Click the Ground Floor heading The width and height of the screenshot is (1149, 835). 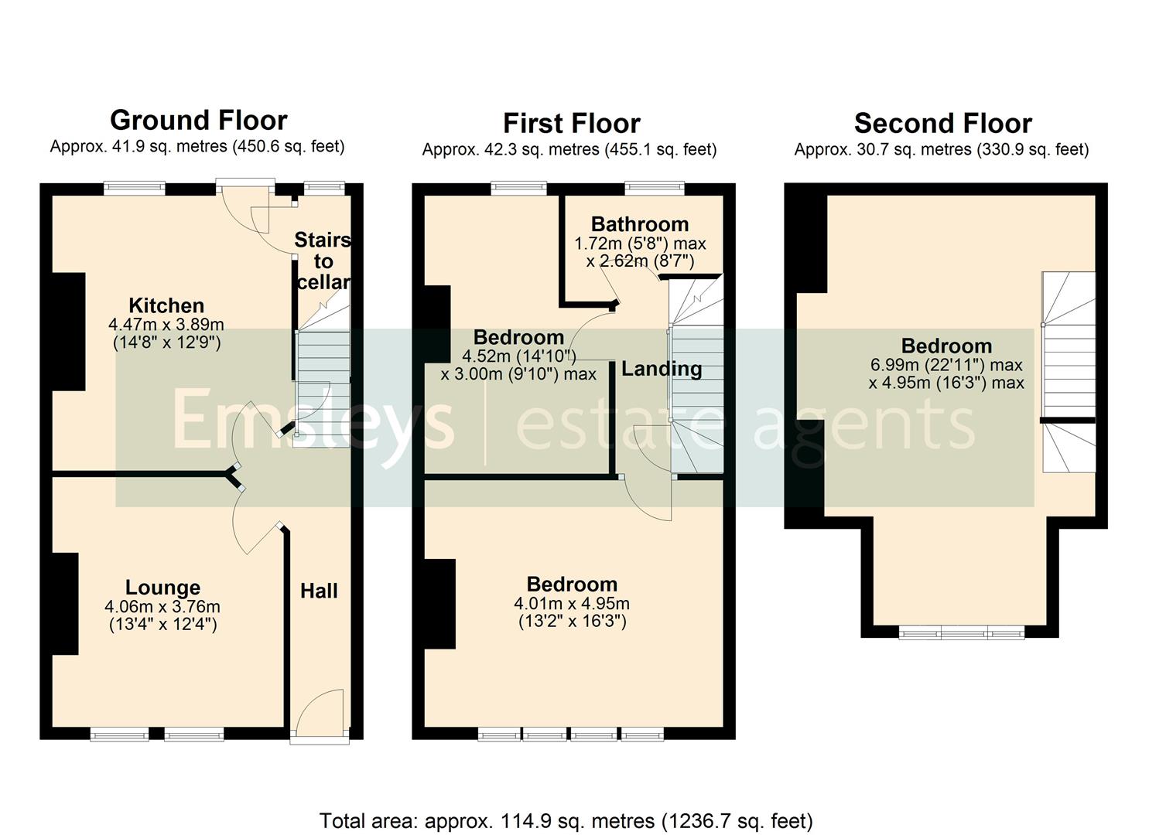(x=199, y=121)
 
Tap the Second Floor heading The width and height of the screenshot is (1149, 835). (x=942, y=124)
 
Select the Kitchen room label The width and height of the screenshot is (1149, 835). (x=166, y=305)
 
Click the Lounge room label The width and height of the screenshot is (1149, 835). (x=162, y=588)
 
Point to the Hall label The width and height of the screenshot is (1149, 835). (x=319, y=591)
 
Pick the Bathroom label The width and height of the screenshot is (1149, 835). (x=640, y=224)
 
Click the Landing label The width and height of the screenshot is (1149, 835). (x=662, y=369)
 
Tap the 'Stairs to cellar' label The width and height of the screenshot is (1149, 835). (x=323, y=261)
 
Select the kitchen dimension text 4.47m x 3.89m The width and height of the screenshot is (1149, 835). (x=166, y=325)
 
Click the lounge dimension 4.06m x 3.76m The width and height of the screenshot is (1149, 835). (x=162, y=607)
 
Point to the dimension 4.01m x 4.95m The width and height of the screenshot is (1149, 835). (x=572, y=604)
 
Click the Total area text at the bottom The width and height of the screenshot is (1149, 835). (x=566, y=820)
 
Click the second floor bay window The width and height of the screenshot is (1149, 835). (x=962, y=633)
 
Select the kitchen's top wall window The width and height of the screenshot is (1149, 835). (x=135, y=188)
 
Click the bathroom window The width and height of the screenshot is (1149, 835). (x=655, y=188)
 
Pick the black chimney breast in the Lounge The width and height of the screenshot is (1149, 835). (x=65, y=603)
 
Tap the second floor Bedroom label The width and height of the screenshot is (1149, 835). (x=946, y=346)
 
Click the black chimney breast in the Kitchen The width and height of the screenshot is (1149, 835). (x=69, y=332)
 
